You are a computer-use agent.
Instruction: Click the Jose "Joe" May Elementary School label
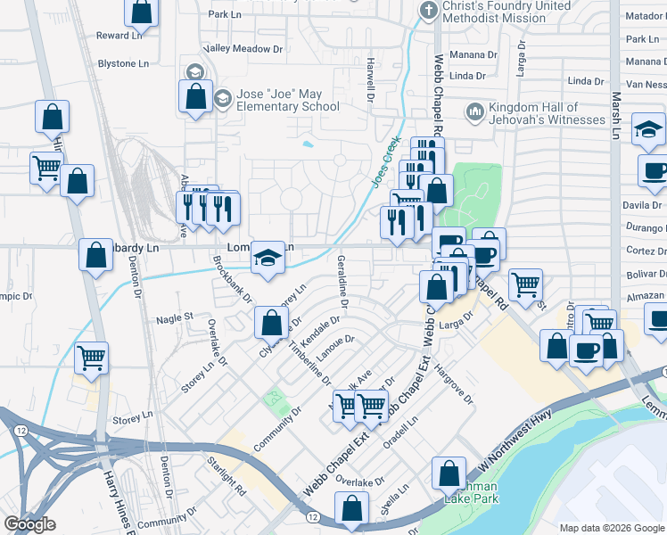pyautogui.click(x=276, y=100)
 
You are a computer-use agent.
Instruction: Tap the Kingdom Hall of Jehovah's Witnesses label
pyautogui.click(x=534, y=114)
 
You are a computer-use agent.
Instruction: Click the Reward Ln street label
pyautogui.click(x=119, y=36)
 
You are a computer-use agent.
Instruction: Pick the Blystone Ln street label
pyautogui.click(x=123, y=64)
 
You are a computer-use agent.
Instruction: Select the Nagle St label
pyautogui.click(x=175, y=317)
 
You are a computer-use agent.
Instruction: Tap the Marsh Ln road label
pyautogui.click(x=615, y=116)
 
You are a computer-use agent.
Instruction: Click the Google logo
pyautogui.click(x=29, y=524)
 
